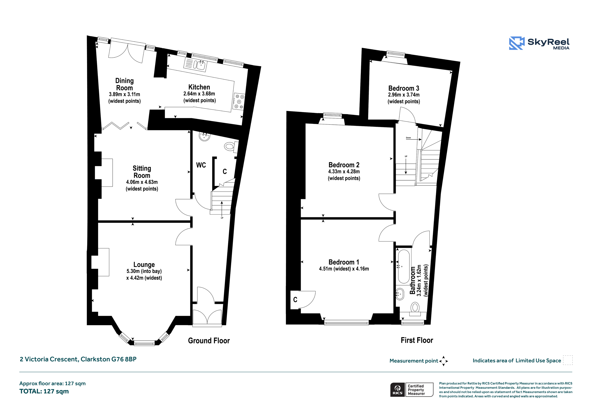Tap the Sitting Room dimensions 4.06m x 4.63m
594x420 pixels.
[142, 182]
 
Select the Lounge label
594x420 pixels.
[144, 265]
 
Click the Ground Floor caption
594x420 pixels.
[209, 341]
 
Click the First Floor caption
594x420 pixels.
[417, 340]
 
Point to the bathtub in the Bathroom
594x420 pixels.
[403, 266]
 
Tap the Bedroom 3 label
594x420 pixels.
[404, 88]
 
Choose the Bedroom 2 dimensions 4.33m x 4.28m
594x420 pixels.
[344, 171]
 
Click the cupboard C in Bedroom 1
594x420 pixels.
[295, 300]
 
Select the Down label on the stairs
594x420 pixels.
[408, 138]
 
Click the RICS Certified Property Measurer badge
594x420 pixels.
[412, 389]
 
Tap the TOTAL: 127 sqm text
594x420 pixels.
[44, 391]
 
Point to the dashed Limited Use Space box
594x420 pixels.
[568, 360]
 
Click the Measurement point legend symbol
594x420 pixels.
[443, 361]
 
